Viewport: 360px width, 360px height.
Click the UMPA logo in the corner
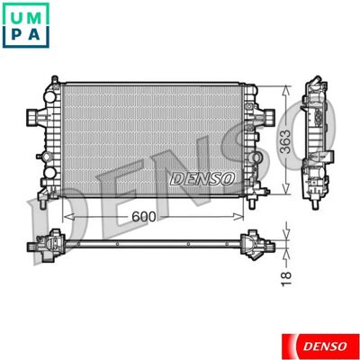(x=25, y=25)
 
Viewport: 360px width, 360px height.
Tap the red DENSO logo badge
(x=320, y=346)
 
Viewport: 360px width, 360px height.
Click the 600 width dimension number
(x=144, y=217)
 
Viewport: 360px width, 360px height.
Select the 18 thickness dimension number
(x=286, y=279)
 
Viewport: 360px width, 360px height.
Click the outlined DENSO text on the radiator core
(x=202, y=179)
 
